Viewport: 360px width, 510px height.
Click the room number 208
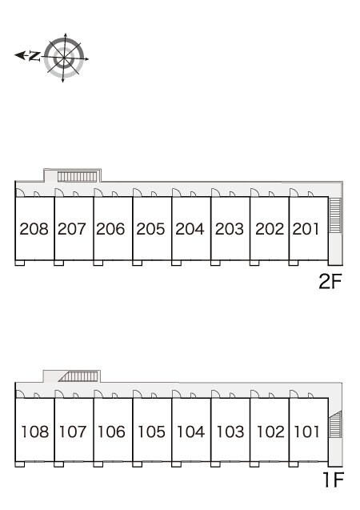(34, 229)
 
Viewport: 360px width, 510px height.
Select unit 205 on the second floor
(150, 229)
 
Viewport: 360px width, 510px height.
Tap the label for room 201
(306, 229)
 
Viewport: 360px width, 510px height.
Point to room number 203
(229, 229)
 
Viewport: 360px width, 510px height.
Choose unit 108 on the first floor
(34, 432)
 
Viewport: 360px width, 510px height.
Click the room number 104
(190, 432)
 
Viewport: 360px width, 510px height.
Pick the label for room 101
(306, 432)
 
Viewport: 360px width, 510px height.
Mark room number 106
(111, 432)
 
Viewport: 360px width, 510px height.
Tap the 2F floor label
(330, 281)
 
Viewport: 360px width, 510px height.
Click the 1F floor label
(333, 479)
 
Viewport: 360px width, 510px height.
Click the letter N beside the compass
(34, 56)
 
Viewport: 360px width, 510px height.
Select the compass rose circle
(64, 58)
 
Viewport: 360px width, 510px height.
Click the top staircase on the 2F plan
(78, 177)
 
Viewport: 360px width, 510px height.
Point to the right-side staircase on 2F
(335, 215)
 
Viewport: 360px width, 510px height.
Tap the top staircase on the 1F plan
(78, 376)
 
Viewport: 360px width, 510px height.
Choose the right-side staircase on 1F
(335, 424)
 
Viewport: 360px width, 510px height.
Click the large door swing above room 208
(20, 192)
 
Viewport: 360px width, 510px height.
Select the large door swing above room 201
(294, 192)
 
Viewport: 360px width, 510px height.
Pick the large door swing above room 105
(138, 394)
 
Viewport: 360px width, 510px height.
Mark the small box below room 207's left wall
(59, 263)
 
